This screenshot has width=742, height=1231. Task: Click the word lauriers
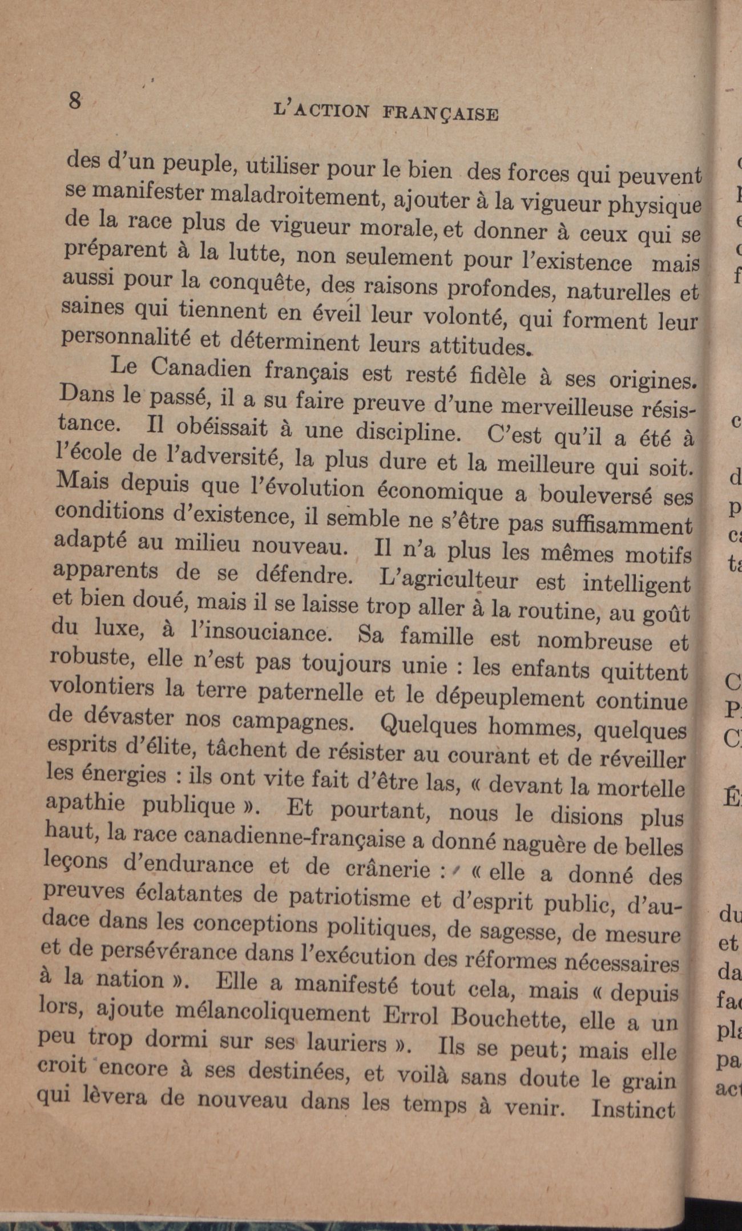(346, 1043)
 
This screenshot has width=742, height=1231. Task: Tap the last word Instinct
(633, 1108)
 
